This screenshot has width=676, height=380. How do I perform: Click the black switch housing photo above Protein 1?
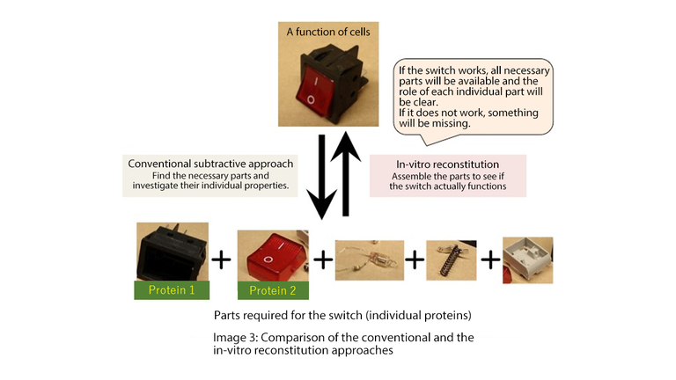(x=173, y=252)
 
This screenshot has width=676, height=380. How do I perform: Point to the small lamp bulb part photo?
(x=367, y=260)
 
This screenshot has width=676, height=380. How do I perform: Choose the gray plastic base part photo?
(x=527, y=259)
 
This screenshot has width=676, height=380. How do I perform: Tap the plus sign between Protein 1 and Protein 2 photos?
(x=222, y=259)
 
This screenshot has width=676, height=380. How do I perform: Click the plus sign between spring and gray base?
(x=489, y=260)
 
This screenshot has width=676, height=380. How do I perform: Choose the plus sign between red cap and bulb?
(x=323, y=259)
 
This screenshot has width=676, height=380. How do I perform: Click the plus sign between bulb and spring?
(x=412, y=260)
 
